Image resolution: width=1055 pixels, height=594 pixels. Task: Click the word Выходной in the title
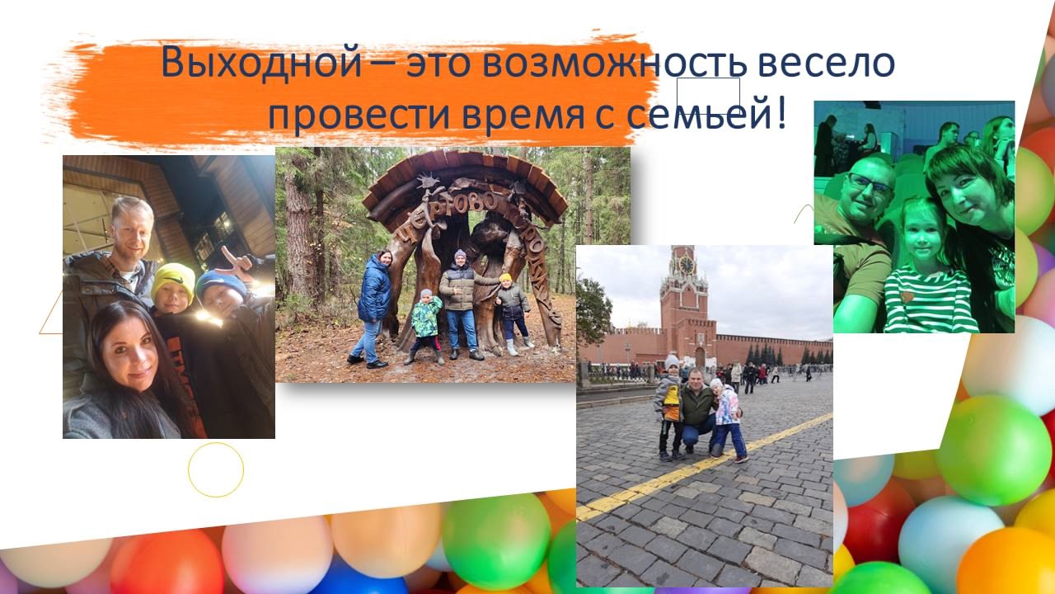(261, 62)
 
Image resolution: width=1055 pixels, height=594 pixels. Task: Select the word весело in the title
(826, 64)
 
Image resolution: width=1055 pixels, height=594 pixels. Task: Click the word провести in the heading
(359, 115)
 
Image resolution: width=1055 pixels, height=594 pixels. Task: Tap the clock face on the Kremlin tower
(687, 266)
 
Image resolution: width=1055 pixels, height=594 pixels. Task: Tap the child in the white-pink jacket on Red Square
(728, 420)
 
